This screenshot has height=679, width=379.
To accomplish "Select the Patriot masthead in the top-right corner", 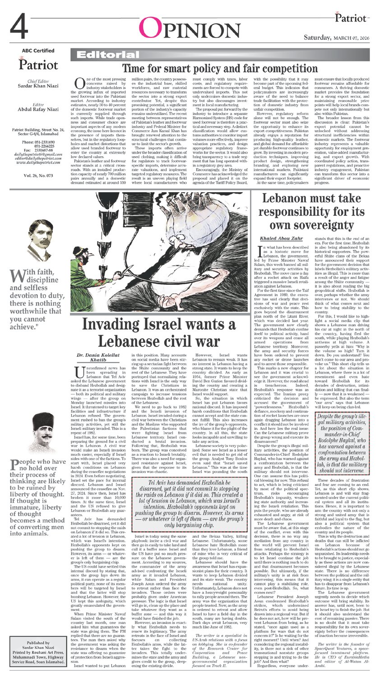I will pos(350,18).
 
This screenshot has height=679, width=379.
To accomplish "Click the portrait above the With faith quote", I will pos(40,241).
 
